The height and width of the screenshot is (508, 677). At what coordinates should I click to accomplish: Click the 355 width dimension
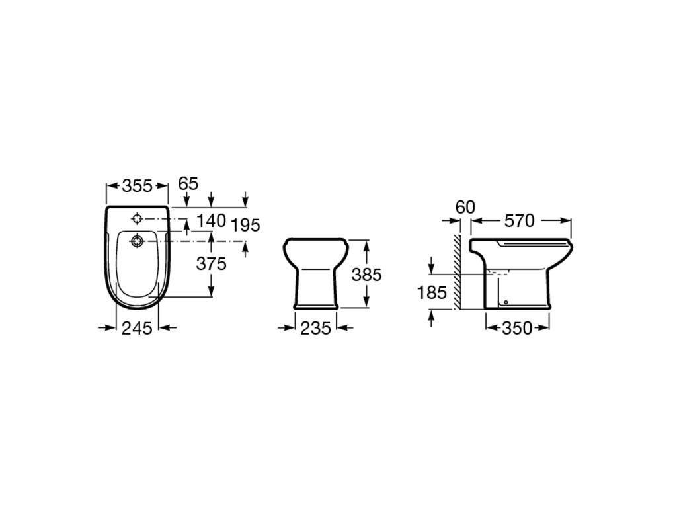click(138, 186)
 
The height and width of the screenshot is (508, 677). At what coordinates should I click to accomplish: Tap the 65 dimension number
click(188, 184)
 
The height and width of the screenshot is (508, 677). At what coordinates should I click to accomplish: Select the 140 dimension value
click(211, 221)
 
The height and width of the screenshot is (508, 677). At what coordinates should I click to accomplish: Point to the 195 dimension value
click(245, 225)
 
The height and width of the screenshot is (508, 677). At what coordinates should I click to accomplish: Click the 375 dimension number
click(211, 263)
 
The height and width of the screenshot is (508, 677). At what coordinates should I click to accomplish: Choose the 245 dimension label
click(138, 329)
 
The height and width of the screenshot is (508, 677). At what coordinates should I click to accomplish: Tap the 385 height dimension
click(366, 275)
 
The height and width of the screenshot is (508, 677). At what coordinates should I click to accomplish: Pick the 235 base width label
click(315, 329)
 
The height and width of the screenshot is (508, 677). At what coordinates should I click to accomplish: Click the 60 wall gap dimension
click(465, 207)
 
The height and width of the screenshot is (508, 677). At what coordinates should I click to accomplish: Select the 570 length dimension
click(520, 221)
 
